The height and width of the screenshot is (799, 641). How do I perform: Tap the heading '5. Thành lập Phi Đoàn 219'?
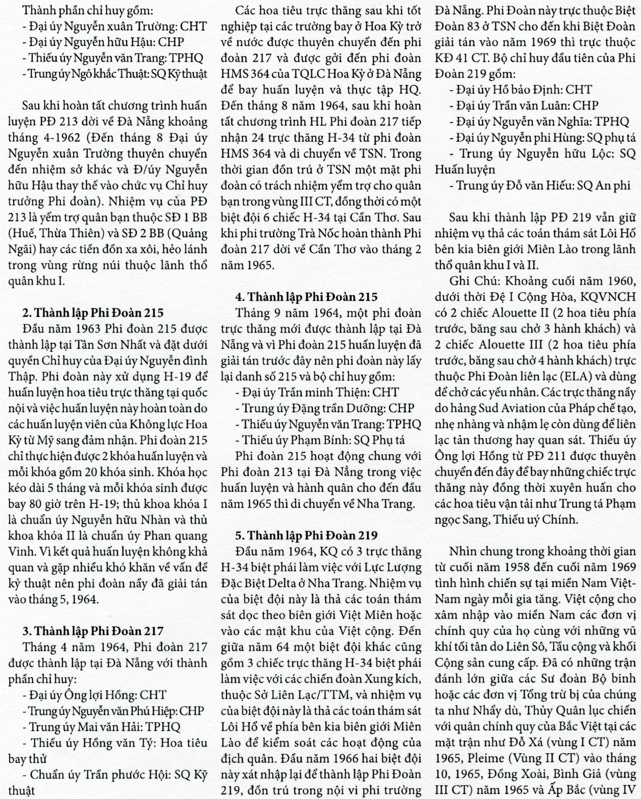click(306, 535)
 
